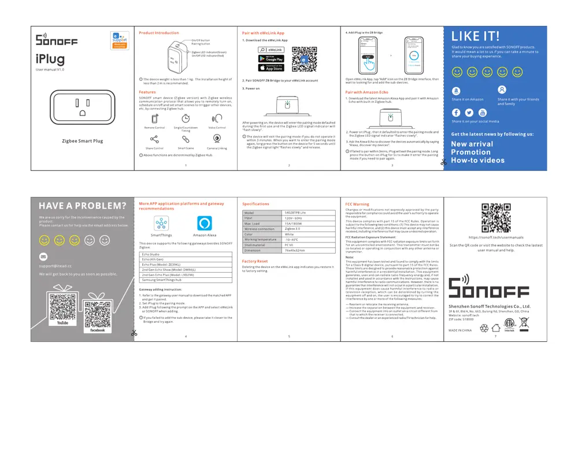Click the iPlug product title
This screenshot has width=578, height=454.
[x=50, y=59]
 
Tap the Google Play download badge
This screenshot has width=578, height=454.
[x=271, y=59]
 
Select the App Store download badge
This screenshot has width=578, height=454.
[x=271, y=68]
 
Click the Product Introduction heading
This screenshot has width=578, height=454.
[x=159, y=33]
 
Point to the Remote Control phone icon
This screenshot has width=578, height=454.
[x=154, y=118]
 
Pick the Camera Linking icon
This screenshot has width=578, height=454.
[x=217, y=139]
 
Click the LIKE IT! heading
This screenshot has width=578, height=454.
[x=475, y=36]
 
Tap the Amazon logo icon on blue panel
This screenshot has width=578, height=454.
[x=457, y=91]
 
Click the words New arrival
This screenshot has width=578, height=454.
[x=472, y=144]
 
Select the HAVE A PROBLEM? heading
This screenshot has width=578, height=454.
[x=82, y=206]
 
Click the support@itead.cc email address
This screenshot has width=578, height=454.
[x=55, y=266]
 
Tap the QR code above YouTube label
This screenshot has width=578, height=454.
[x=62, y=306]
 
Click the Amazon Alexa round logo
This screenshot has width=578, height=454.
[x=204, y=224]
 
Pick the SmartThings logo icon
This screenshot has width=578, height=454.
[x=161, y=224]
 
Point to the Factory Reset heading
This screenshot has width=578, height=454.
[x=255, y=261]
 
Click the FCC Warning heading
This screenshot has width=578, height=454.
[x=357, y=204]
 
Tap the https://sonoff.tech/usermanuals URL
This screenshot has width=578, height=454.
[x=496, y=237]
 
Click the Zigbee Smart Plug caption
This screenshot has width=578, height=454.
[x=82, y=141]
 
